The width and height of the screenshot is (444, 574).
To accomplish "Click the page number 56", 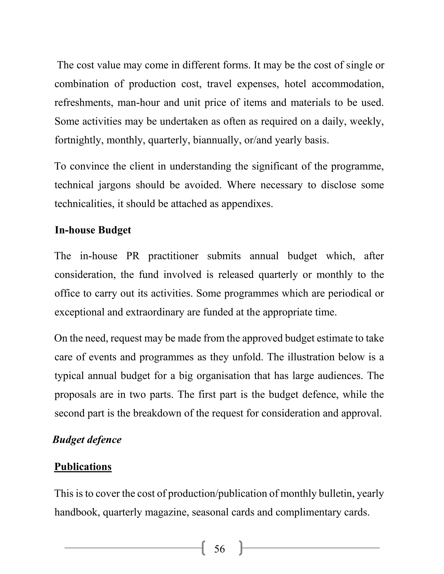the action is pyautogui.click(x=219, y=549).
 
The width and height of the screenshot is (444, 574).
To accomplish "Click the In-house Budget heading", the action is pyautogui.click(x=93, y=230).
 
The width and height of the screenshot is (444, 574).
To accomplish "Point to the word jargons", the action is pyautogui.click(x=115, y=185).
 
